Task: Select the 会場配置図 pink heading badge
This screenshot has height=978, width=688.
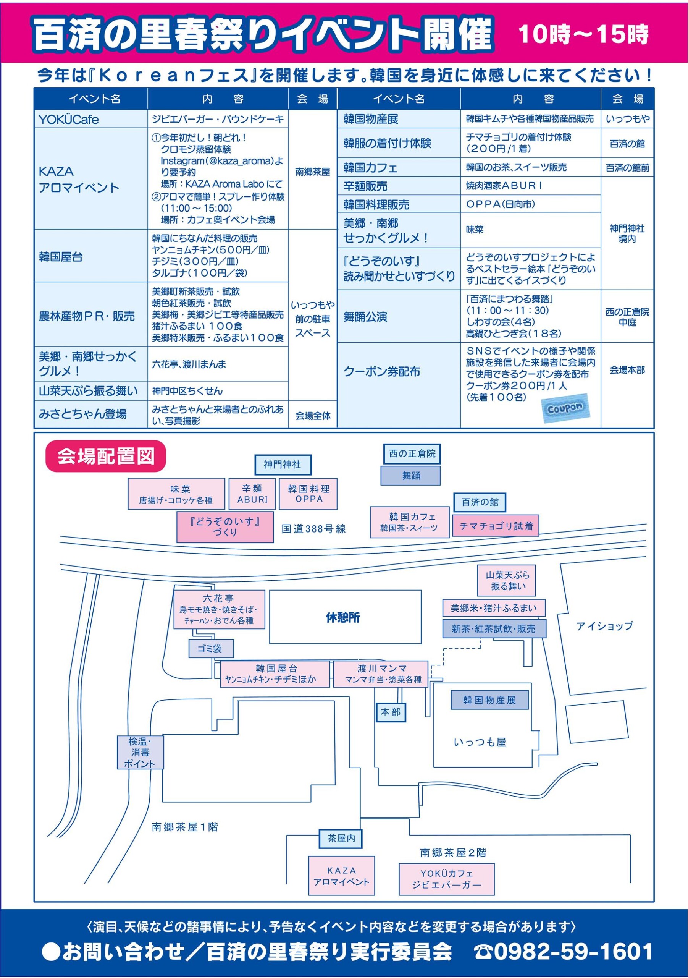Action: pyautogui.click(x=106, y=456)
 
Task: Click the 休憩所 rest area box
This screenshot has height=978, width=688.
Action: pyautogui.click(x=345, y=617)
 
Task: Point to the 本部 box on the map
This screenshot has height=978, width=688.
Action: pyautogui.click(x=391, y=712)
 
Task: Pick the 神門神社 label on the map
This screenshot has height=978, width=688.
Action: pyautogui.click(x=283, y=465)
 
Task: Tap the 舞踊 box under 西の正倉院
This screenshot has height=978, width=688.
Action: pyautogui.click(x=410, y=476)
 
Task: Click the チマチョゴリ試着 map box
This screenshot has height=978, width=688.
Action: pyautogui.click(x=496, y=526)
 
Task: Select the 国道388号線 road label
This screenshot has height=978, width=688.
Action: pyautogui.click(x=314, y=529)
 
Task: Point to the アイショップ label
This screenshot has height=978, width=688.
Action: pyautogui.click(x=604, y=626)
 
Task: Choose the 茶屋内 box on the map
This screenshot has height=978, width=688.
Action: pyautogui.click(x=341, y=838)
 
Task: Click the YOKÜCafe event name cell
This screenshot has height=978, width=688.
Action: pyautogui.click(x=91, y=119)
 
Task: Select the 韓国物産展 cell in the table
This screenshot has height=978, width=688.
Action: pyautogui.click(x=399, y=119)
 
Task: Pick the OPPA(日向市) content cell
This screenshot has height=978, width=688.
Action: pyautogui.click(x=530, y=204)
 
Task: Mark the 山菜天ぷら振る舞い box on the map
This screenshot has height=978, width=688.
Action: pyautogui.click(x=506, y=581)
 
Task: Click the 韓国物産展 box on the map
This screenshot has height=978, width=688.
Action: pyautogui.click(x=489, y=700)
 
